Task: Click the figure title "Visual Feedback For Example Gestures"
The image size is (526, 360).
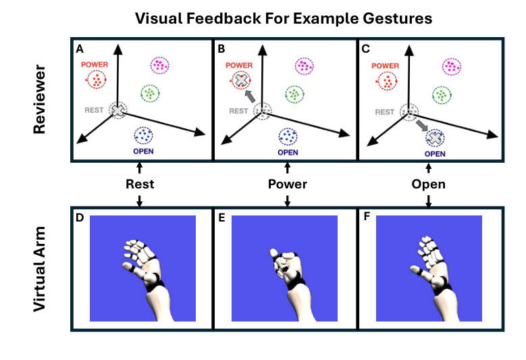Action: pyautogui.click(x=284, y=18)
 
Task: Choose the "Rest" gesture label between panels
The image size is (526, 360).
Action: pyautogui.click(x=140, y=184)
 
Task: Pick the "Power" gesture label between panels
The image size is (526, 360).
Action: pyautogui.click(x=288, y=184)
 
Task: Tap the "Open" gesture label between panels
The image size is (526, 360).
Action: pyautogui.click(x=429, y=184)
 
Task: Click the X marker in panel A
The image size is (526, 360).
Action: pyautogui.click(x=118, y=111)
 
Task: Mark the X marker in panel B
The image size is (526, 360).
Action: pyautogui.click(x=240, y=80)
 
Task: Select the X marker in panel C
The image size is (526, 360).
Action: pyautogui.click(x=435, y=138)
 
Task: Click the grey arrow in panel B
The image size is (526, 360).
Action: pyautogui.click(x=251, y=97)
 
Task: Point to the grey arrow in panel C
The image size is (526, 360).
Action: pyautogui.click(x=421, y=125)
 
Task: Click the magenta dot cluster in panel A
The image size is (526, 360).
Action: pyautogui.click(x=159, y=66)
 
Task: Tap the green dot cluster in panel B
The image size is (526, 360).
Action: pyautogui.click(x=293, y=94)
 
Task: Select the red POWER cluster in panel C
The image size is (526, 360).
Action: pyautogui.click(x=387, y=81)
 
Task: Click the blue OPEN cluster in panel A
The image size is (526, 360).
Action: pyautogui.click(x=144, y=136)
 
